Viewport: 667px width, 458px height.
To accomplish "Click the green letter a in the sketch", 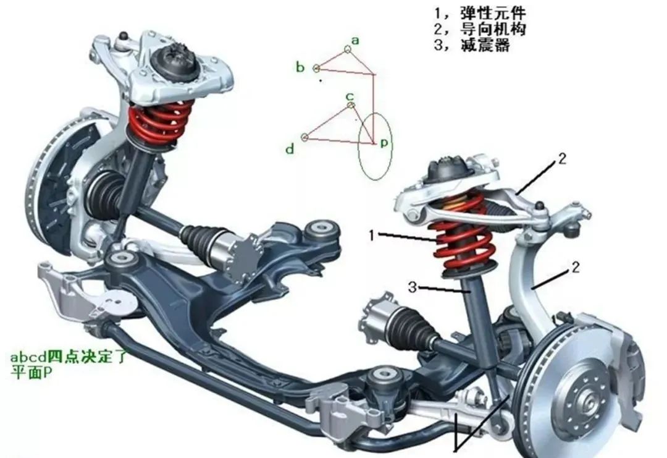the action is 355,41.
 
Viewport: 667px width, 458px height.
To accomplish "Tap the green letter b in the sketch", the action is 300,67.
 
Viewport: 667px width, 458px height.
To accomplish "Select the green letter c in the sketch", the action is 350,96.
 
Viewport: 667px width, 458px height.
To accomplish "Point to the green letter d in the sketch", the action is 290,148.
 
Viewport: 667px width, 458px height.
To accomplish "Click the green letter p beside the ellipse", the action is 384,143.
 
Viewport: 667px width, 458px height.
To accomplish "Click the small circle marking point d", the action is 304,137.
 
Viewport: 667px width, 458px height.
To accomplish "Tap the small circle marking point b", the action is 316,67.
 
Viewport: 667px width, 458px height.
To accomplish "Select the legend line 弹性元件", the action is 480,14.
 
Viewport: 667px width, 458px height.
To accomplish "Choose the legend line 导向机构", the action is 480,29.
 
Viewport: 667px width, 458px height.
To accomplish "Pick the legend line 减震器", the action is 472,45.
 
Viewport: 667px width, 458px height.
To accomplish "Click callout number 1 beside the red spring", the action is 372,235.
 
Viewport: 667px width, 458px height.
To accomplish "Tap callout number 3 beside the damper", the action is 412,287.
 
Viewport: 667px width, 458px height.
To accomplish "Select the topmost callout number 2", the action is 563,159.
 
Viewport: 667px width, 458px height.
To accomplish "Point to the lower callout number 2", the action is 575,267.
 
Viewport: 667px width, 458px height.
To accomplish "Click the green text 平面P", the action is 31,373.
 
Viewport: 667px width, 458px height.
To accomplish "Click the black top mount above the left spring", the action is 174,63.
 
